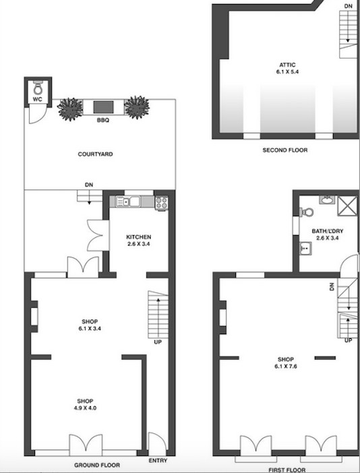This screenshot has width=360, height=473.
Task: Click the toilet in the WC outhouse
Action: pos(38,88)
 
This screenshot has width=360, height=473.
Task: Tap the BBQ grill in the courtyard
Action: pos(103,107)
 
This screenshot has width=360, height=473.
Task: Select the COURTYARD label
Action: pos(95,154)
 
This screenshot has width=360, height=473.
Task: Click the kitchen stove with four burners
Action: pos(161,202)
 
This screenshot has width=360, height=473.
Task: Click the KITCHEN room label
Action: pos(138,237)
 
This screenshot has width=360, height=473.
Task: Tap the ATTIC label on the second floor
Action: pos(287,65)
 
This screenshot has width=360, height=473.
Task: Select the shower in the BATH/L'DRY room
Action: pos(347,206)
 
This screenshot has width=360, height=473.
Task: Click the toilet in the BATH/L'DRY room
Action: pos(306,212)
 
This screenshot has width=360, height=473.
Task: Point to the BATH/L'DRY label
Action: pos(328,231)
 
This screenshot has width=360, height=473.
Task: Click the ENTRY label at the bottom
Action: pos(158,461)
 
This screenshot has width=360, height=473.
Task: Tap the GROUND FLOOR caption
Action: pos(97,465)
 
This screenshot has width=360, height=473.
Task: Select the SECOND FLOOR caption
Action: pos(285,150)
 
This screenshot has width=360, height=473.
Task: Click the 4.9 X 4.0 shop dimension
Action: pos(85,408)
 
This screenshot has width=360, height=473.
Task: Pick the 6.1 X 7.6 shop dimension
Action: pos(286,367)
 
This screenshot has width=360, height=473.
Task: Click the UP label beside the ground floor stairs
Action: pos(158,342)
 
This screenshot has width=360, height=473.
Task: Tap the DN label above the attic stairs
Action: pos(349,6)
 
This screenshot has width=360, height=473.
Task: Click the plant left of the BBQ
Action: pos(70,108)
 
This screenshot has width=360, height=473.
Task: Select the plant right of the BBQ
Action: pos(137,107)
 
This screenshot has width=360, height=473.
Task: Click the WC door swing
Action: pos(38,114)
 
